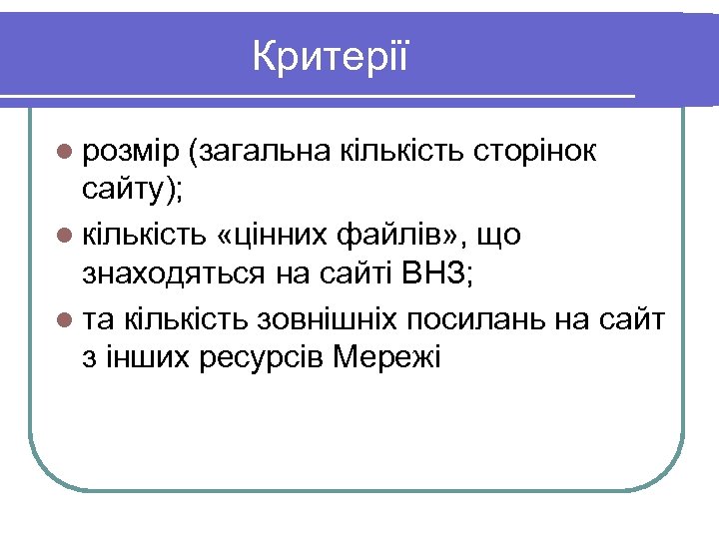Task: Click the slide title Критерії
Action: [x=331, y=56]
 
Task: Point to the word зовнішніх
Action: [x=329, y=319]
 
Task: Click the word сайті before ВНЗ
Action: [x=361, y=271]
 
